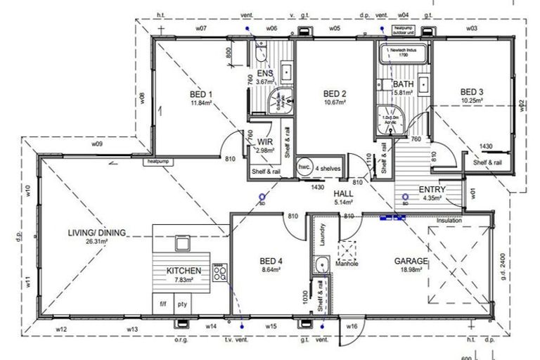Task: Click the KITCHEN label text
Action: (184, 271)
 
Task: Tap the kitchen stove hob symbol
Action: (219, 271)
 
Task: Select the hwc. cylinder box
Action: (304, 167)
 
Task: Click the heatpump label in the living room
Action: (155, 161)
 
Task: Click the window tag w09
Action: (97, 143)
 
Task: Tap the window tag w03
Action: (471, 28)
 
